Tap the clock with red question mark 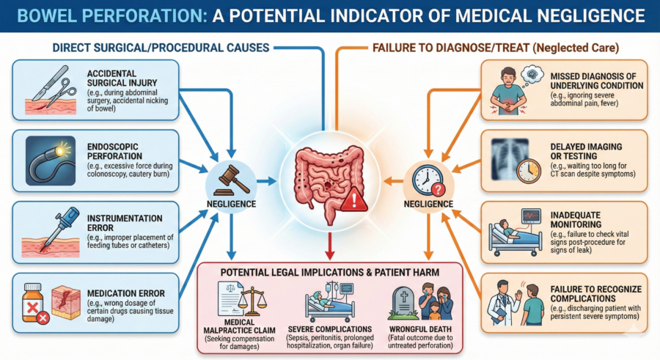pyautogui.click(x=428, y=180)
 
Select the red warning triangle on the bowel pyautogui.click(x=354, y=199)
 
